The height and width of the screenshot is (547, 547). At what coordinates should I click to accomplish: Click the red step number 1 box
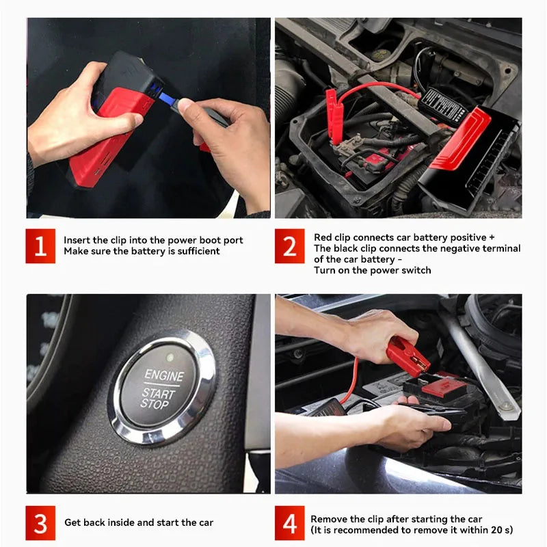(x=41, y=245)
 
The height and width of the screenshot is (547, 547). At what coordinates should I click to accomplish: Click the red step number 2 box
(x=290, y=245)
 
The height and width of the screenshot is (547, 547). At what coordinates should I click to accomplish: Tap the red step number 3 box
(x=41, y=522)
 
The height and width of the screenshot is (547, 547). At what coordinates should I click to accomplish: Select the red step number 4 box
(x=290, y=523)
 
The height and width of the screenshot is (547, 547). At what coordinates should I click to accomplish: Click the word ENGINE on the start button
(x=164, y=376)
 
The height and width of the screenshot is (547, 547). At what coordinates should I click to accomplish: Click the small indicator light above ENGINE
(x=169, y=357)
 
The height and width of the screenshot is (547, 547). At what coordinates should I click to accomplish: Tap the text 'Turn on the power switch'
(x=373, y=270)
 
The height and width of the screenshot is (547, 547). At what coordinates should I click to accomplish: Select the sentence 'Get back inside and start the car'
(x=139, y=522)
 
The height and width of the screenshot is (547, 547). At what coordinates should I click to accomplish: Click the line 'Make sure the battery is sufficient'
(x=142, y=251)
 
